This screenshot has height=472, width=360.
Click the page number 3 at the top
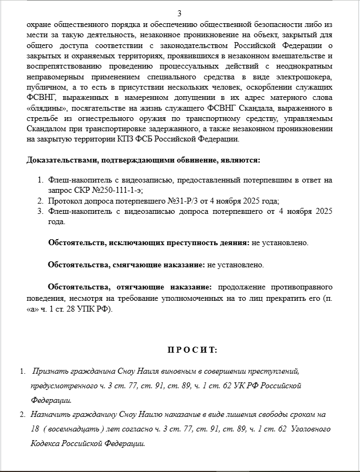click(x=179, y=14)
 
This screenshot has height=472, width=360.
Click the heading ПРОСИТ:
click(x=192, y=350)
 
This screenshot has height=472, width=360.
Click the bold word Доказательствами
click(x=59, y=160)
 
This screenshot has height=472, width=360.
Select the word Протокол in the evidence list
click(x=66, y=200)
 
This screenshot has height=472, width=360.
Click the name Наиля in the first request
click(x=130, y=372)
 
